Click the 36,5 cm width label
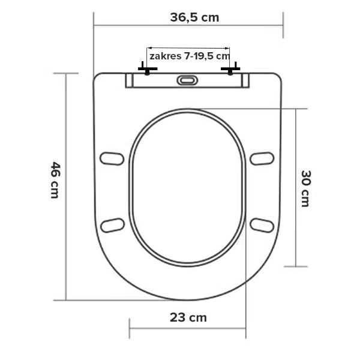(x=194, y=17)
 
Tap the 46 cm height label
(x=55, y=180)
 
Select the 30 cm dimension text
(x=305, y=188)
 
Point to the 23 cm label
(x=188, y=318)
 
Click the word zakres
(x=166, y=56)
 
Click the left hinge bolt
(x=148, y=68)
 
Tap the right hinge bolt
(x=230, y=68)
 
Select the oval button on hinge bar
(x=187, y=80)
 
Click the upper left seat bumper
(x=112, y=158)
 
